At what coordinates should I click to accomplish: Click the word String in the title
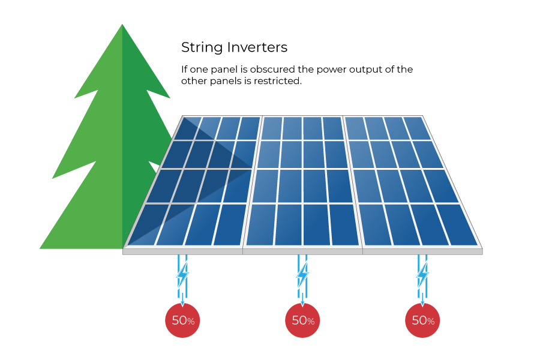[x=203, y=48]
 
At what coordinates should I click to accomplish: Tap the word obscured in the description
[x=273, y=69]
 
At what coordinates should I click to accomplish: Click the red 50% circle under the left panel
[x=182, y=320]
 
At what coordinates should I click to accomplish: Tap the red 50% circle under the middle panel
[x=302, y=320]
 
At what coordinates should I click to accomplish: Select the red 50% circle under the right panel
[x=422, y=320]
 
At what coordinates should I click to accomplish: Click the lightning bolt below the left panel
[x=182, y=275]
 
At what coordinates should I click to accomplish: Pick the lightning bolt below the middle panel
[x=302, y=275]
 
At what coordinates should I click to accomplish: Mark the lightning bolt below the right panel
[x=422, y=275]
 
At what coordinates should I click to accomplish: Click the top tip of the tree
[x=122, y=24]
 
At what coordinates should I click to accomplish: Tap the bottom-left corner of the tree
[x=40, y=248]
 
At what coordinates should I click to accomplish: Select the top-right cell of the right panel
[x=417, y=128]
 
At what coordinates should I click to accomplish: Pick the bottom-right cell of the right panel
[x=457, y=225]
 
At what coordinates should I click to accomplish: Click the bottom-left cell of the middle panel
[x=261, y=225]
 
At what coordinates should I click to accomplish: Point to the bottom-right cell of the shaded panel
[x=230, y=225]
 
